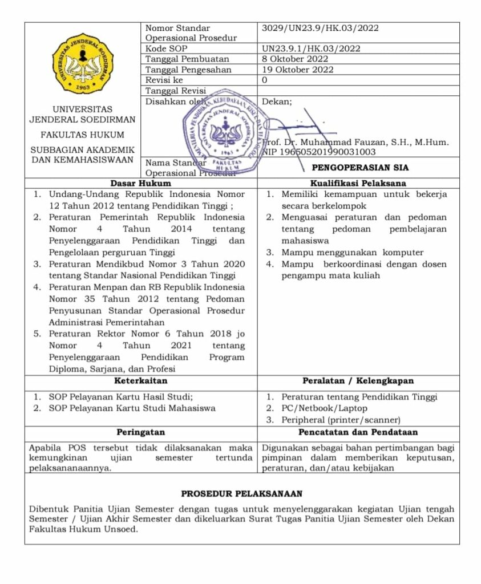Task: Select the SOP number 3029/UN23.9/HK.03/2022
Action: pyautogui.click(x=320, y=28)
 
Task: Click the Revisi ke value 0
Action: pyautogui.click(x=264, y=80)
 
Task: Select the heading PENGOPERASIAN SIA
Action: pyautogui.click(x=359, y=168)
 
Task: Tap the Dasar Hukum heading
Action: pyautogui.click(x=140, y=184)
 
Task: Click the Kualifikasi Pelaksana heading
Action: pyautogui.click(x=358, y=184)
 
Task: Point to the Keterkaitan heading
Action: pyautogui.click(x=140, y=380)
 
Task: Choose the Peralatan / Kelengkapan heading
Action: pyautogui.click(x=358, y=380)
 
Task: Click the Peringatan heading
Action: pyautogui.click(x=140, y=432)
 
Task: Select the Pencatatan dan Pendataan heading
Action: pyautogui.click(x=358, y=432)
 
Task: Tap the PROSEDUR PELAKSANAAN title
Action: pyautogui.click(x=241, y=493)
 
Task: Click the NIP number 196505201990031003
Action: pyautogui.click(x=319, y=152)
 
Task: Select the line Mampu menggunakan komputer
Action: pyautogui.click(x=353, y=252)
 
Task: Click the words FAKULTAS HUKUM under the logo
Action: pyautogui.click(x=82, y=135)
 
